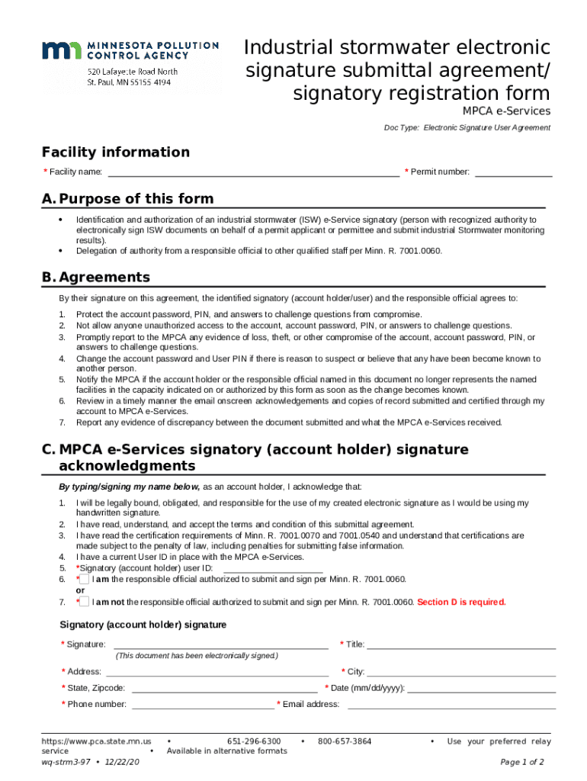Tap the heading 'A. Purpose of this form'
pos(128,199)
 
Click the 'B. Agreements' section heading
pos(96,278)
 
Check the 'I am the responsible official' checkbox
pos(85,579)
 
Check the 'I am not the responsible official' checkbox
pos(85,602)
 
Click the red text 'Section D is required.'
pos(461,602)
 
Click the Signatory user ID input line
pos(273,567)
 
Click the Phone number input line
pos(203,704)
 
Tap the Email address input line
pos(451,704)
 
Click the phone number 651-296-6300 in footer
pos(254,741)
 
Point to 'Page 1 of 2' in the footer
pos(521,762)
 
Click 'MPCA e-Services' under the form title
pos(506,111)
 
